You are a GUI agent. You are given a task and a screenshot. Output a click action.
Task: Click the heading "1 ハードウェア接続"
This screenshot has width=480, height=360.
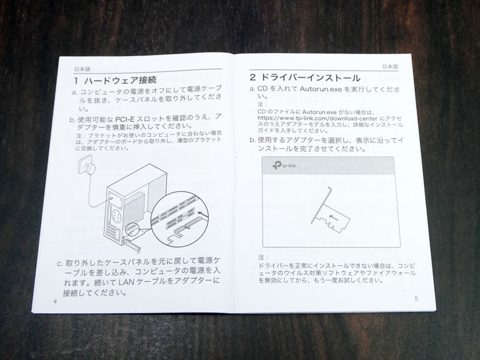click(x=115, y=80)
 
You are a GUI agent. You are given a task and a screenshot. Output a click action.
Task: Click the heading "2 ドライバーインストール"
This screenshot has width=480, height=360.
click(x=305, y=78)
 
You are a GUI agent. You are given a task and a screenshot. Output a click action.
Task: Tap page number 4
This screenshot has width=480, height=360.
click(x=55, y=301)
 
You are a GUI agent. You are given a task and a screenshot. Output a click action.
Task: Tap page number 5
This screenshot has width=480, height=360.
click(x=416, y=298)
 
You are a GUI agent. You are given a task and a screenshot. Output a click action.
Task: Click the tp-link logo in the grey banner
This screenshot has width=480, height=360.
click(x=279, y=166)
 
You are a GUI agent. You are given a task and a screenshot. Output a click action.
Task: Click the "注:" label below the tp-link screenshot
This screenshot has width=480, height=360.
click(x=263, y=257)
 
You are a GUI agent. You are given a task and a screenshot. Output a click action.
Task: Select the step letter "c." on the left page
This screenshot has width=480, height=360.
click(x=60, y=263)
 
